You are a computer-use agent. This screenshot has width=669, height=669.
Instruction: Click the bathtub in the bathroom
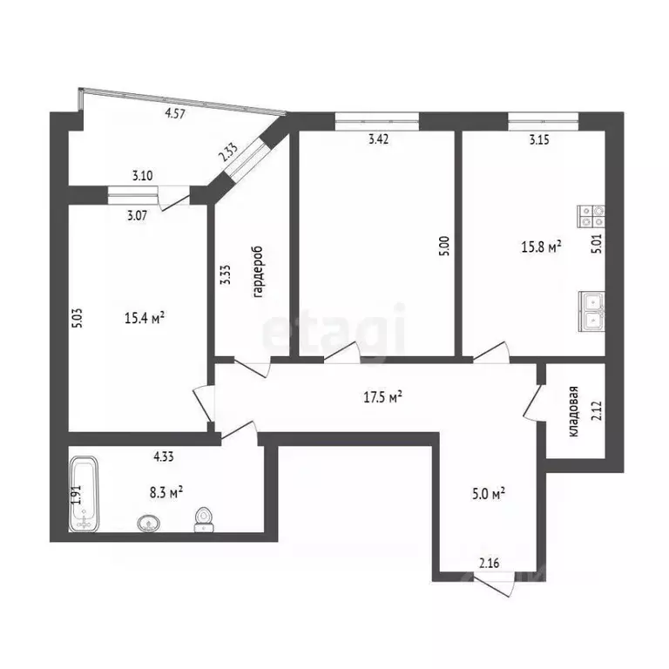85,495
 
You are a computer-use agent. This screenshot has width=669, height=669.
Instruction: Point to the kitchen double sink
592,309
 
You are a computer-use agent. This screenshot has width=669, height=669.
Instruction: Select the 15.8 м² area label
541,247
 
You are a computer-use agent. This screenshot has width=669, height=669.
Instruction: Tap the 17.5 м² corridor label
382,398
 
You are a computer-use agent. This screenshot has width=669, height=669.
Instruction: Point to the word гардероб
258,272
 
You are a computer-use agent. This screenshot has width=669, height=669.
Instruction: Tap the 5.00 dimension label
443,247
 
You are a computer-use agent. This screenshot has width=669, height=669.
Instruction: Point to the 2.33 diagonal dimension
229,152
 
